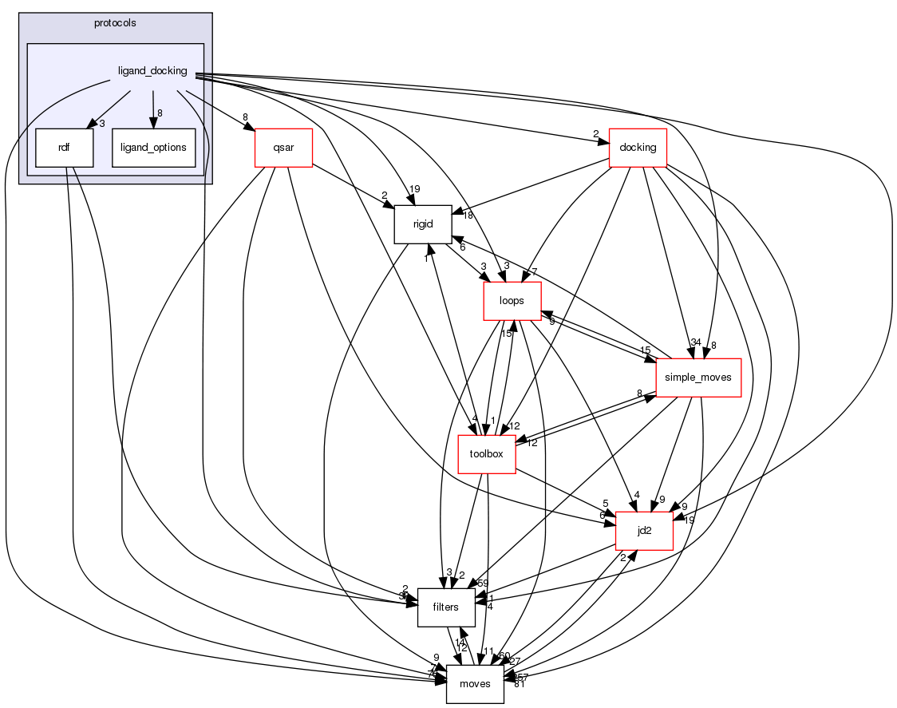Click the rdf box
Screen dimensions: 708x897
(65, 148)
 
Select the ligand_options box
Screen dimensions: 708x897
(154, 148)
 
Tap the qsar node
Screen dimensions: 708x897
(283, 148)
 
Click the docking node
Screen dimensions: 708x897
(638, 148)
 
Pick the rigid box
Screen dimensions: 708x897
(423, 224)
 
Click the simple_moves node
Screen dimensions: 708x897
(698, 378)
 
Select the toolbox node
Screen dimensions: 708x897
(486, 454)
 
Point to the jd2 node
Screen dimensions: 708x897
(644, 531)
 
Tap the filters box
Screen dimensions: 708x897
(445, 607)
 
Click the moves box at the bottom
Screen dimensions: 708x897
(475, 684)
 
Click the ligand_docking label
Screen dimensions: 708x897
(152, 71)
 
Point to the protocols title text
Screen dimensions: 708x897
(114, 23)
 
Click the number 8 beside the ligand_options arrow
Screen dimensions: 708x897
(160, 113)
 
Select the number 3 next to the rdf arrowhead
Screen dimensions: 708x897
(101, 124)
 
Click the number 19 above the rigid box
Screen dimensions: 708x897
(414, 189)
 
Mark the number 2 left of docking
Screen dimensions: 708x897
(595, 133)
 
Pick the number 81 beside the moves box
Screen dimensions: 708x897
(520, 683)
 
